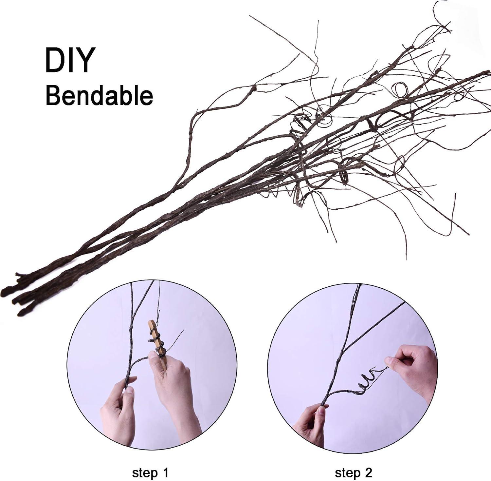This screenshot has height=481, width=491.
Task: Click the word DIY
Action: [69, 60]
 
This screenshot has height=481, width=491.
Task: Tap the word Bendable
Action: [99, 95]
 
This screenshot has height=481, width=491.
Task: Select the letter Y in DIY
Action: [83, 60]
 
